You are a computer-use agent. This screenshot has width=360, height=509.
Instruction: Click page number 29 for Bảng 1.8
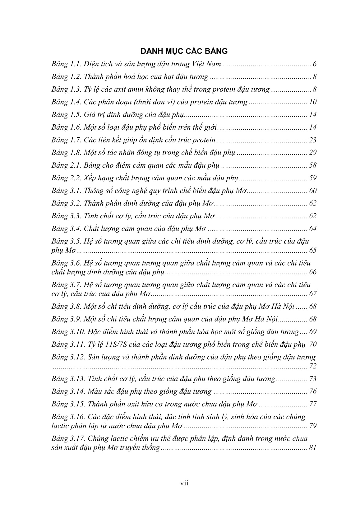pos(312,153)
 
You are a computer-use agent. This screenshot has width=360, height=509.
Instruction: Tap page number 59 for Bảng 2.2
pos(312,178)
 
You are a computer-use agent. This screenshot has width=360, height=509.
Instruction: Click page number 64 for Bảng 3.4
pos(312,229)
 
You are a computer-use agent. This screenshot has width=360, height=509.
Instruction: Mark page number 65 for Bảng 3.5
pos(312,251)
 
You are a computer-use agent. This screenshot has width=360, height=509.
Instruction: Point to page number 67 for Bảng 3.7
pos(312,294)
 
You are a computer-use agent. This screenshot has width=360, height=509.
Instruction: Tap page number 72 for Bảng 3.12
pos(312,366)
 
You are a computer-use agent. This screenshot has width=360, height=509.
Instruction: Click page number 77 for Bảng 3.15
pos(312,404)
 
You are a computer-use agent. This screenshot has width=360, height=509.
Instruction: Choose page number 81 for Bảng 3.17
pos(312,448)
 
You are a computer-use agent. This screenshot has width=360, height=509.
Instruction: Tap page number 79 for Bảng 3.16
pos(312,426)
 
